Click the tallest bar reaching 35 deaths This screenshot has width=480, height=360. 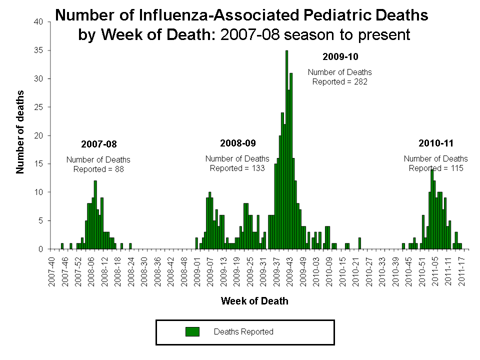point(286,150)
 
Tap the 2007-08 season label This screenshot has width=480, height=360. point(98,144)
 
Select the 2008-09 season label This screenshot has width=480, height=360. point(237,143)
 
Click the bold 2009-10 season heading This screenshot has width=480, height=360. point(340,56)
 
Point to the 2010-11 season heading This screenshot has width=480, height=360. point(435,143)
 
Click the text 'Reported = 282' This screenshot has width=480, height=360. point(340,81)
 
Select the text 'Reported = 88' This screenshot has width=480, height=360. point(98,169)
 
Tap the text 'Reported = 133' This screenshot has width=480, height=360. point(237,168)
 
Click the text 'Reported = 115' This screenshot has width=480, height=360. point(435,168)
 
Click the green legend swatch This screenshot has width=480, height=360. point(192,331)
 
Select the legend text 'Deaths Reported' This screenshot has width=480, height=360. point(243,331)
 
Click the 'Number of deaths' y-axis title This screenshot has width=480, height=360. point(20,132)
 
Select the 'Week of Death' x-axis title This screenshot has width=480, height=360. point(254,301)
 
